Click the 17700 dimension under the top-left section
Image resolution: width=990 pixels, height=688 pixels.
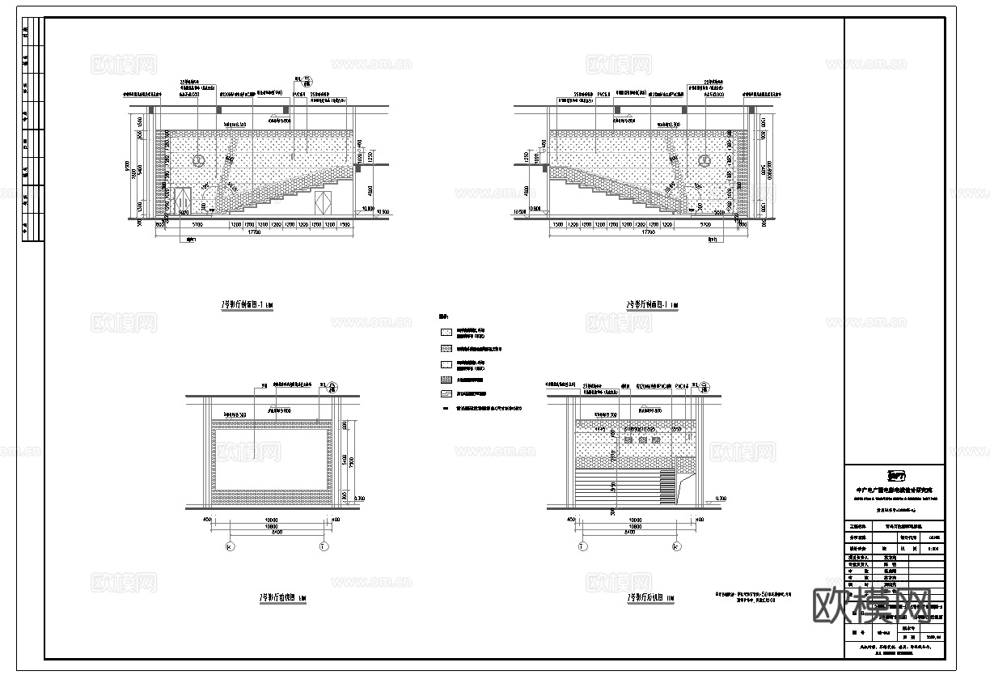[254, 232]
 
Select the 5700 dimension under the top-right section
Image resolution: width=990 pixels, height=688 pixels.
[705, 223]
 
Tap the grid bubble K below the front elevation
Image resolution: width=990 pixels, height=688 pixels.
[231, 546]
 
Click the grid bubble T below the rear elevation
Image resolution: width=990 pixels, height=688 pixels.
[582, 546]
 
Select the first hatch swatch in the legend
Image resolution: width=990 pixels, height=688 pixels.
[446, 332]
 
